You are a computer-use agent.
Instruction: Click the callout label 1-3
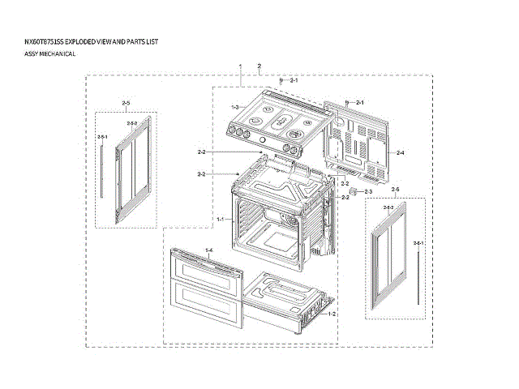pyautogui.click(x=234, y=107)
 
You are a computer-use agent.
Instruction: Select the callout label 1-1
pyautogui.click(x=220, y=220)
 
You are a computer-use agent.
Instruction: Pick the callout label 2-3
pyautogui.click(x=367, y=191)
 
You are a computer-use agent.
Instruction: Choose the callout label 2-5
pyautogui.click(x=126, y=103)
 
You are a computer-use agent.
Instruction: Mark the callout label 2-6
pyautogui.click(x=395, y=189)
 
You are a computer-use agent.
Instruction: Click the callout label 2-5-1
pyautogui.click(x=102, y=137)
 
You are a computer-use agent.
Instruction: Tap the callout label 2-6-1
pyautogui.click(x=418, y=244)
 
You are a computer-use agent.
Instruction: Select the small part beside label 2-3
pyautogui.click(x=354, y=193)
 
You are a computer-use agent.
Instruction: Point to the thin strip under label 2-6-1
pyautogui.click(x=418, y=276)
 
